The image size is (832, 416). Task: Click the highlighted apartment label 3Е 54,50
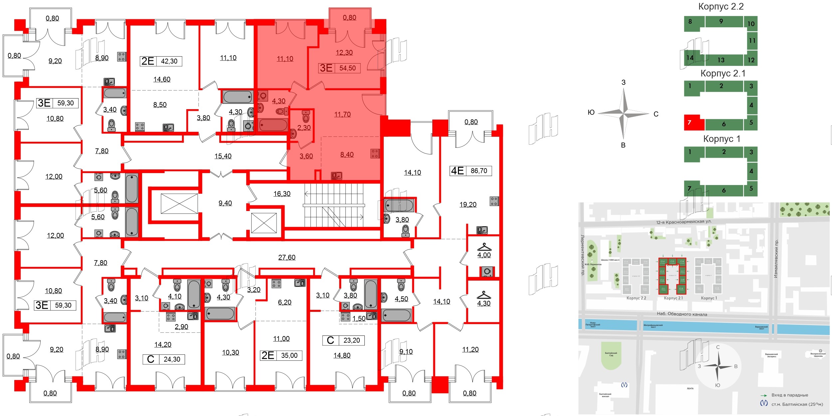pyautogui.click(x=339, y=68)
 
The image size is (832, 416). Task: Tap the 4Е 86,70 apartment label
pyautogui.click(x=470, y=171)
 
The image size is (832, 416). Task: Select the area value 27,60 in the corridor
pyautogui.click(x=287, y=257)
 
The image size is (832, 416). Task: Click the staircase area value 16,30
pyautogui.click(x=282, y=194)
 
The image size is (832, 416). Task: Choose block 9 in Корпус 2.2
pyautogui.click(x=721, y=21)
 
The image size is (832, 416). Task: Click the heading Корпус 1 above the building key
pyautogui.click(x=722, y=139)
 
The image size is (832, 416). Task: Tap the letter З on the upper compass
pyautogui.click(x=623, y=83)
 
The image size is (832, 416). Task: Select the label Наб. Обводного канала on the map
pyautogui.click(x=682, y=314)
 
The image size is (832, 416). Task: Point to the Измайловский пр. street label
pyautogui.click(x=776, y=259)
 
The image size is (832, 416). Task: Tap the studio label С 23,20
pyautogui.click(x=343, y=340)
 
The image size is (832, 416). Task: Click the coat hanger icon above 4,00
pyautogui.click(x=484, y=247)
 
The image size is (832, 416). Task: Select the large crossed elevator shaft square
pyautogui.click(x=179, y=203)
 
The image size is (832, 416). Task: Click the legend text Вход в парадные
pyautogui.click(x=789, y=395)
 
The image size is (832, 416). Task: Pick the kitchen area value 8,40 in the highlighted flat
pyautogui.click(x=347, y=155)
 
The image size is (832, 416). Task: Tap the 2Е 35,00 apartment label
pyautogui.click(x=281, y=355)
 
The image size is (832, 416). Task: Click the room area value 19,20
pyautogui.click(x=468, y=205)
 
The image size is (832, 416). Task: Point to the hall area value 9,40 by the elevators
pyautogui.click(x=225, y=203)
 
